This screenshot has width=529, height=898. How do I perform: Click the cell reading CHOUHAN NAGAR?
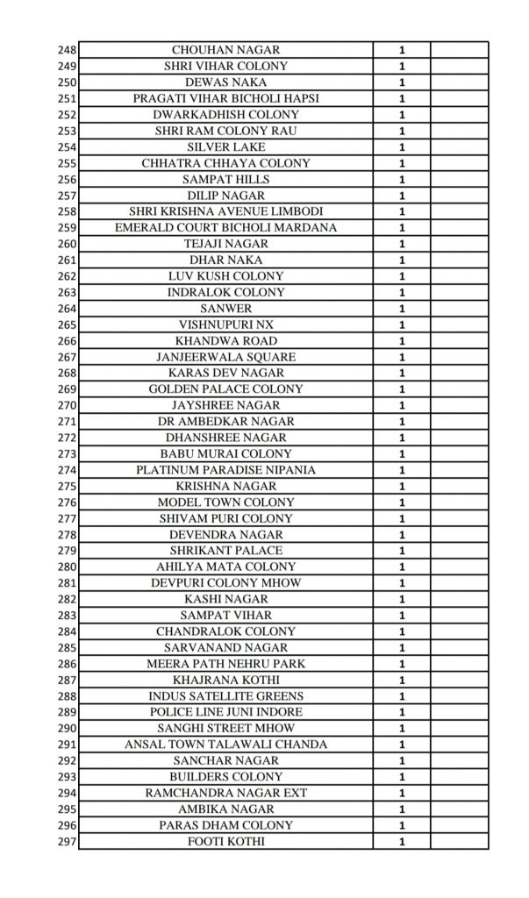click(225, 50)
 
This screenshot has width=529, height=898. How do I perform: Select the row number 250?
click(67, 82)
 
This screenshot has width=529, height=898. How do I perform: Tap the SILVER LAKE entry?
click(225, 146)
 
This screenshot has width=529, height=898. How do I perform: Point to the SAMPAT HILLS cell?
click(225, 179)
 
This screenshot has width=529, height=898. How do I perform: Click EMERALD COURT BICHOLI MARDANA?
click(225, 227)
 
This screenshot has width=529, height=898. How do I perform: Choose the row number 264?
click(67, 308)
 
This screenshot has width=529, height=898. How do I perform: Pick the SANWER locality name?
click(225, 308)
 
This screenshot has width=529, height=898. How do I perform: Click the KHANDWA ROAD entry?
click(225, 340)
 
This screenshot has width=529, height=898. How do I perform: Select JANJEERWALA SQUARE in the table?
click(225, 357)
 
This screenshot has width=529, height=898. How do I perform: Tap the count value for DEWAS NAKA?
click(402, 82)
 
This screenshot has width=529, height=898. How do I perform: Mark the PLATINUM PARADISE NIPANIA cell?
click(225, 470)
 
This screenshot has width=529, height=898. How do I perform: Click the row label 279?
click(67, 551)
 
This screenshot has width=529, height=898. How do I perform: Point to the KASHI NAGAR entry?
click(225, 599)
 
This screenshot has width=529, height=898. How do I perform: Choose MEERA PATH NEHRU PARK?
click(225, 664)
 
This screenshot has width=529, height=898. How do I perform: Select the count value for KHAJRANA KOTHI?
click(402, 680)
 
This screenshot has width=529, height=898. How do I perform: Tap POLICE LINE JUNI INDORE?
click(225, 712)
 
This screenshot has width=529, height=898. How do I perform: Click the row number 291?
click(67, 745)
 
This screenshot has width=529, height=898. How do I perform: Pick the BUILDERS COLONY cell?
click(225, 777)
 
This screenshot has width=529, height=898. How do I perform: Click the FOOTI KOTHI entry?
click(225, 842)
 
